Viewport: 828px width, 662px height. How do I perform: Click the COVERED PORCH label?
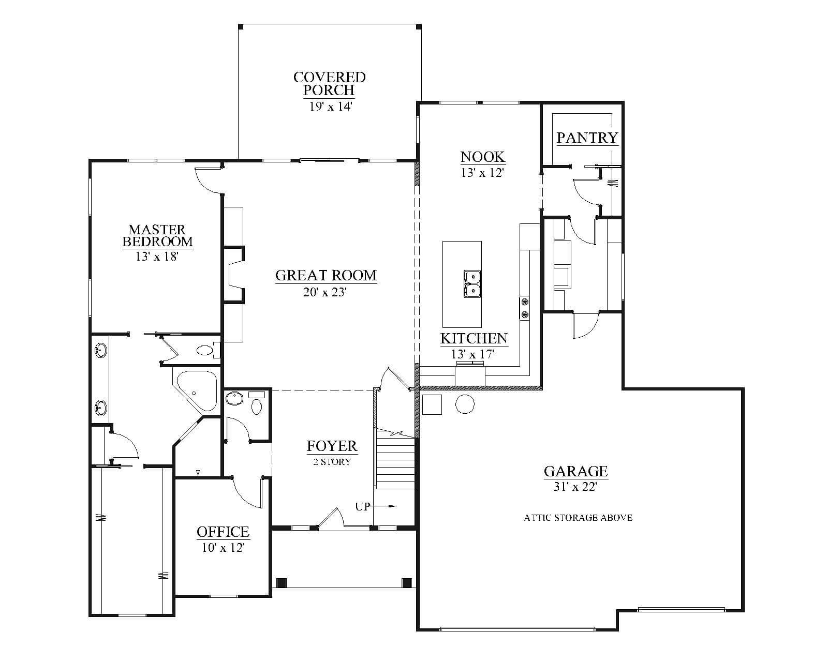coord(329,83)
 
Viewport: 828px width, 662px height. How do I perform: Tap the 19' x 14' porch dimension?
coord(331,106)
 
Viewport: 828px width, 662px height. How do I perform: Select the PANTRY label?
coord(587,138)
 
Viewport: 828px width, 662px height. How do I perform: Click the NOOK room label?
coord(482,157)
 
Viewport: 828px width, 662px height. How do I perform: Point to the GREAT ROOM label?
coord(326,276)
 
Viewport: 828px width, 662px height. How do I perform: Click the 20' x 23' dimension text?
coord(325,292)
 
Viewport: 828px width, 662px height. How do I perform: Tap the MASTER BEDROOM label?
coord(157,235)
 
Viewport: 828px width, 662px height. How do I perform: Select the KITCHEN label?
coord(474,339)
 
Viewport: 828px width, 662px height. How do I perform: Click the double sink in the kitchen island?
coord(472,284)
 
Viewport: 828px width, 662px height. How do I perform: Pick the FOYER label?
coord(332,446)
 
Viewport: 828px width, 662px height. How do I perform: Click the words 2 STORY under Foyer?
coord(332,462)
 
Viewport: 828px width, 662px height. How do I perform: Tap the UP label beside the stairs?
coord(362,507)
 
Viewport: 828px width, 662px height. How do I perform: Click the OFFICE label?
coord(223,532)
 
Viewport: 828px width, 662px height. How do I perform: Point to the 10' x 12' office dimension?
coord(223,547)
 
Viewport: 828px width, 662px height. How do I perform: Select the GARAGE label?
coord(576,471)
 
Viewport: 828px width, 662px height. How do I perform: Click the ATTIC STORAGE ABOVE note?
coord(578,518)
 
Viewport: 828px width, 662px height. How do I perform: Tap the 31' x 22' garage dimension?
coord(575,487)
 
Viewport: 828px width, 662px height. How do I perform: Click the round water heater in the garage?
coord(465,404)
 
